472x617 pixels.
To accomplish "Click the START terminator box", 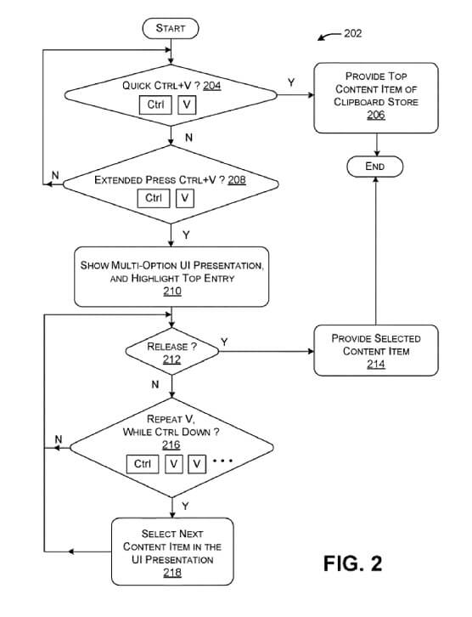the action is [171, 28].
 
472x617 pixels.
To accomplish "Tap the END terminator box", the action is [375, 167].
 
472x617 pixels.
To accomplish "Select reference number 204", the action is [212, 86].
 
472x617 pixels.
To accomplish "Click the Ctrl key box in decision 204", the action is [155, 105].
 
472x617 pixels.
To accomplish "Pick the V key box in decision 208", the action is [185, 198].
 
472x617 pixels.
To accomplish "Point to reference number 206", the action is [376, 115].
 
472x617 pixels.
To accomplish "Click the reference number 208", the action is [237, 180].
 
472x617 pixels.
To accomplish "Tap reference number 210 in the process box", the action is [172, 292].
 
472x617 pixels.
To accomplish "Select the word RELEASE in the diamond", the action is [167, 347].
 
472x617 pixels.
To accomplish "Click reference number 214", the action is [376, 365].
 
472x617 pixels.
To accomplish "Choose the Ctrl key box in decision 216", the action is [143, 464].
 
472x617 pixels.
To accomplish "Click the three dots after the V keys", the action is [222, 461].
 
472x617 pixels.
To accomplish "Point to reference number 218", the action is [172, 573].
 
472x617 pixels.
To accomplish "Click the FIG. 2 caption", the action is [352, 563].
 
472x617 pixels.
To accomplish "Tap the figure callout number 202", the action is [352, 33].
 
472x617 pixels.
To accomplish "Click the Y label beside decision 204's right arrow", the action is [291, 82].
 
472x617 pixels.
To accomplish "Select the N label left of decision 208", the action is [55, 175].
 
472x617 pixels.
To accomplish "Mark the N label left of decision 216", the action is [59, 439].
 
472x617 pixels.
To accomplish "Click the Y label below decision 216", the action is [186, 506].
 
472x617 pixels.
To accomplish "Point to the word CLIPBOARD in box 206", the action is [359, 102].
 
